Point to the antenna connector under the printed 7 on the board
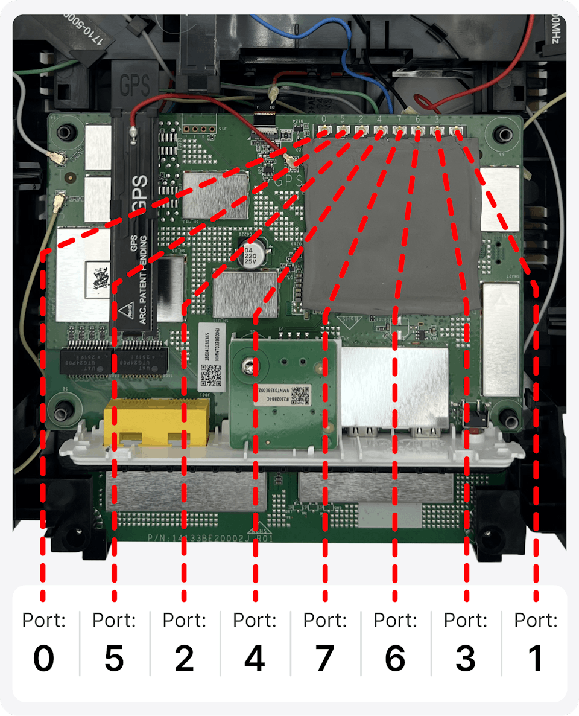point(398,130)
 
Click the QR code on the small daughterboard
point(300,394)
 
